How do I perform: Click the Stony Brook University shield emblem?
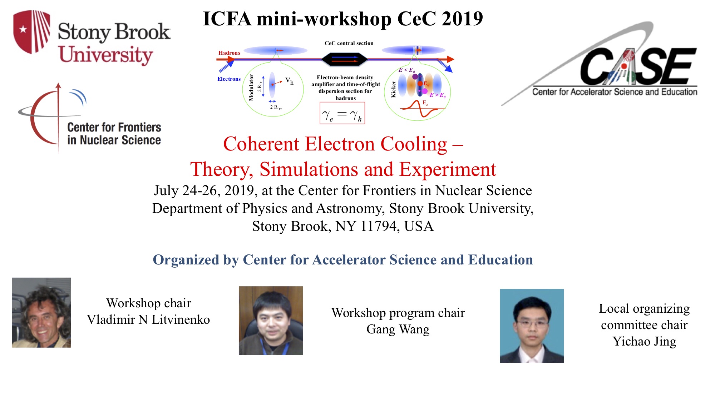click(31, 32)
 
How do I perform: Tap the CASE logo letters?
click(638, 66)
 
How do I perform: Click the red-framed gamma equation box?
click(342, 113)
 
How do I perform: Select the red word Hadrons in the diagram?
click(229, 53)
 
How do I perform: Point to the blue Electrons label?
click(229, 79)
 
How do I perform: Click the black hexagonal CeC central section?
click(344, 59)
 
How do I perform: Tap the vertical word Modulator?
click(251, 88)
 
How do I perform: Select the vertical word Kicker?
click(393, 89)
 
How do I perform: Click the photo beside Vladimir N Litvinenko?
click(41, 312)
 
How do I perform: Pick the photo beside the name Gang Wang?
click(271, 321)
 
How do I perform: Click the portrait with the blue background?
click(532, 326)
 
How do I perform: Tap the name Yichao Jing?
click(644, 341)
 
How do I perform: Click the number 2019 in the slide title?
click(462, 19)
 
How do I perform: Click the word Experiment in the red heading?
click(448, 169)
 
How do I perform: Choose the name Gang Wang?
click(398, 329)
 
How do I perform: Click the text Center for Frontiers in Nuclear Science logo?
click(114, 134)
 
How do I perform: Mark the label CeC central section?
click(349, 43)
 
